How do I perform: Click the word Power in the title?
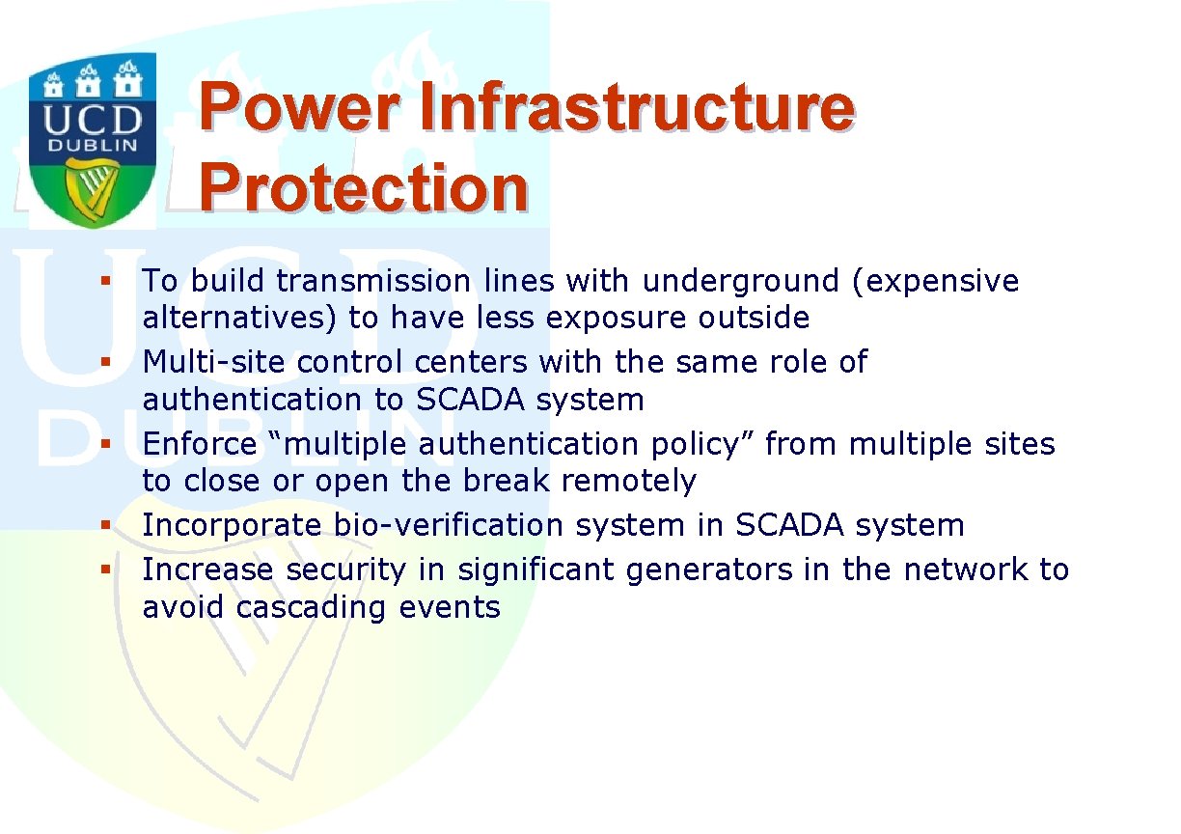pyautogui.click(x=299, y=107)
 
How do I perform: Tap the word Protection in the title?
pyautogui.click(x=363, y=187)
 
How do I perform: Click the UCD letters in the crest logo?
pyautogui.click(x=93, y=121)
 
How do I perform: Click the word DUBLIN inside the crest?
pyautogui.click(x=93, y=146)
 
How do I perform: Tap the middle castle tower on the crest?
pyautogui.click(x=88, y=81)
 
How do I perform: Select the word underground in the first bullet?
pyautogui.click(x=741, y=281)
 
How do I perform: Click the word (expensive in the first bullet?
pyautogui.click(x=935, y=281)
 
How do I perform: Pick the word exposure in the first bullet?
pyautogui.click(x=616, y=319)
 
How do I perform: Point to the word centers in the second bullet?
pyautogui.click(x=471, y=362)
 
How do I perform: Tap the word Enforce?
pyautogui.click(x=200, y=444)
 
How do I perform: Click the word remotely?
pyautogui.click(x=628, y=482)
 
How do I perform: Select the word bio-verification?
pyautogui.click(x=449, y=525)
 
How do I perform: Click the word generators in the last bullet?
pyautogui.click(x=709, y=570)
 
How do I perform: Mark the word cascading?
pyautogui.click(x=311, y=608)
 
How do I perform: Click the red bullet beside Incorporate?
pyautogui.click(x=105, y=525)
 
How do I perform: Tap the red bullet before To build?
pyautogui.click(x=105, y=281)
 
